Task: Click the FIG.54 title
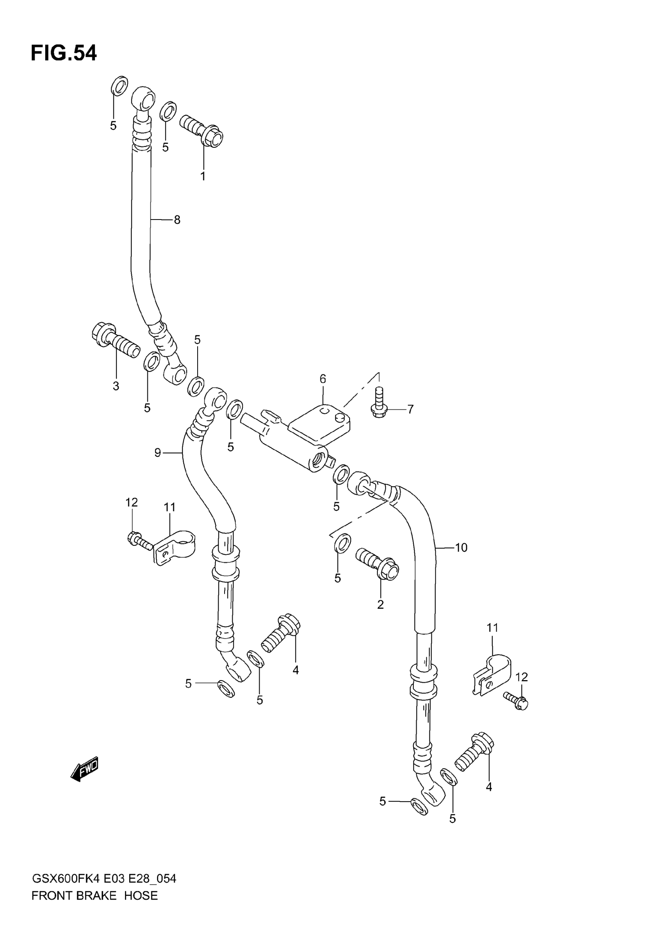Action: [64, 53]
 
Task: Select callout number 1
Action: [203, 176]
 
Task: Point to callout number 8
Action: [177, 220]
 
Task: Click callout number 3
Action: [116, 386]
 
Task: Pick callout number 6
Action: [323, 379]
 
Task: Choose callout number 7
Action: [411, 409]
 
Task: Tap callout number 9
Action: [158, 453]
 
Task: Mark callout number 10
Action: [461, 547]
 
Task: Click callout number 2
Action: [380, 616]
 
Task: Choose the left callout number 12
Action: [132, 502]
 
